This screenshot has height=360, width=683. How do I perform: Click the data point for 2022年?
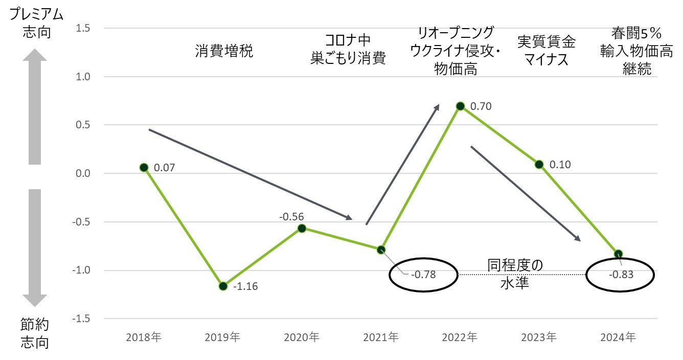tap(460, 106)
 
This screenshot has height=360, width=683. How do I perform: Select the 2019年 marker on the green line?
tap(223, 286)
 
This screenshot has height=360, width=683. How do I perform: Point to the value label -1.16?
tap(245, 286)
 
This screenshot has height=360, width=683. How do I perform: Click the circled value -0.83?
tap(621, 275)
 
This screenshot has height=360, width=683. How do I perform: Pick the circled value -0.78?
tap(423, 275)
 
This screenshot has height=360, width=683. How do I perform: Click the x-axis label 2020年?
tap(302, 337)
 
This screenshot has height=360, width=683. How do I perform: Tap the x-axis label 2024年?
tap(619, 337)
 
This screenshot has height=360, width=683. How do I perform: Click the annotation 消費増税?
tap(224, 52)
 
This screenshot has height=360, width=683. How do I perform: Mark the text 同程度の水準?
tap(514, 274)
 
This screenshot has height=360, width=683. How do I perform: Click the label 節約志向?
tap(35, 333)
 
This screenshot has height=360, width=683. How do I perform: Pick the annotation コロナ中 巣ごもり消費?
tap(348, 50)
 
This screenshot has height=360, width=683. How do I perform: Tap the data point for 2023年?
tap(539, 164)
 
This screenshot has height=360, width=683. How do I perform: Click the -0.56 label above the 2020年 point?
tap(292, 217)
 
